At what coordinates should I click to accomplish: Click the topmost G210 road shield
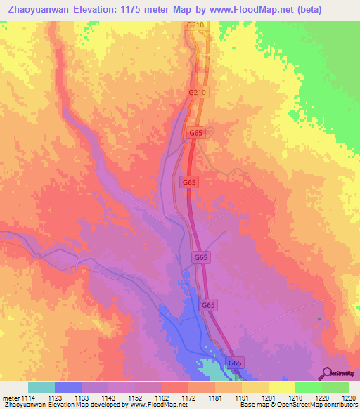coord(195,26)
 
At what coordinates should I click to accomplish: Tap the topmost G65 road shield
coord(196,132)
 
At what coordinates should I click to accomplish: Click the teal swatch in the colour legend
coord(41,387)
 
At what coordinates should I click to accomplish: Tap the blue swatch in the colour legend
coord(68,387)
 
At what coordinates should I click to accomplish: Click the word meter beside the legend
coord(11,398)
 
